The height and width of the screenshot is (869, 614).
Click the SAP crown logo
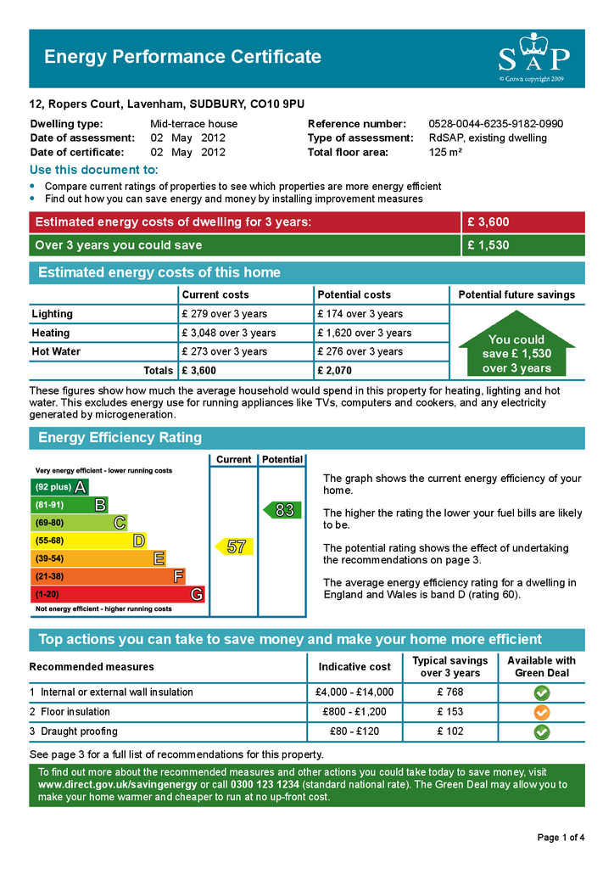coord(533,56)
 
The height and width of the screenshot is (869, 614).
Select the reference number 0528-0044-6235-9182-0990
coord(495,124)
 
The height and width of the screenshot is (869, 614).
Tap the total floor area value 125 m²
coord(445,153)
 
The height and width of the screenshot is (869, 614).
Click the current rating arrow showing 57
coord(234,547)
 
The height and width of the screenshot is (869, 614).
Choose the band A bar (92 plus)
coord(59,487)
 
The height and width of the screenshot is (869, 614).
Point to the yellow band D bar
coord(88,541)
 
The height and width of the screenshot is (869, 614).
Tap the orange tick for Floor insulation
coord(542,712)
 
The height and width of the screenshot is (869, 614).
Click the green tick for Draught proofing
coord(542,732)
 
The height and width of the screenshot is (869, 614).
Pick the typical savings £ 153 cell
coord(449,712)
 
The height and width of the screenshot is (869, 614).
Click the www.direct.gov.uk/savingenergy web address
coord(117,785)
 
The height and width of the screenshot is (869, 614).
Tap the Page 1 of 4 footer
coord(561,838)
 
